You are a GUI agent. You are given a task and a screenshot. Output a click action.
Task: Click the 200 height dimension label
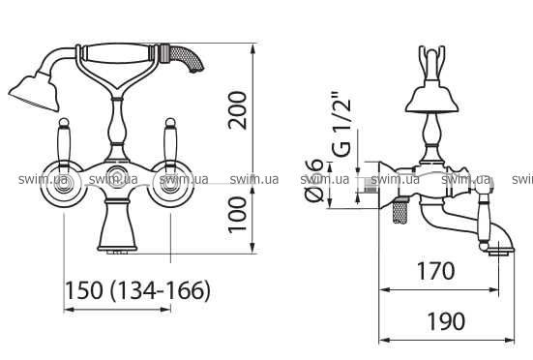(238, 110)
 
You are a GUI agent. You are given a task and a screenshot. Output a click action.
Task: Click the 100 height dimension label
(238, 215)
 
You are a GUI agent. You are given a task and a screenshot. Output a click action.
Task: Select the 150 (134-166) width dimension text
(137, 290)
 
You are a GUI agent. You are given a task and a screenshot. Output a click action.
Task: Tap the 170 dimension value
(435, 271)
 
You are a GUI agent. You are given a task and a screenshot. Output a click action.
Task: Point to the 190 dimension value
(446, 321)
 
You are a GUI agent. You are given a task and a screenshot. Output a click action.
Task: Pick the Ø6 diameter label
(313, 180)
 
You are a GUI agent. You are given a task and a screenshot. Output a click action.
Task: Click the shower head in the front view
(34, 92)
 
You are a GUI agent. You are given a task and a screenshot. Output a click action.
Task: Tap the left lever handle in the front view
(64, 143)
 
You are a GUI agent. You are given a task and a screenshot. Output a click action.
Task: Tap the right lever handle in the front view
(170, 143)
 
